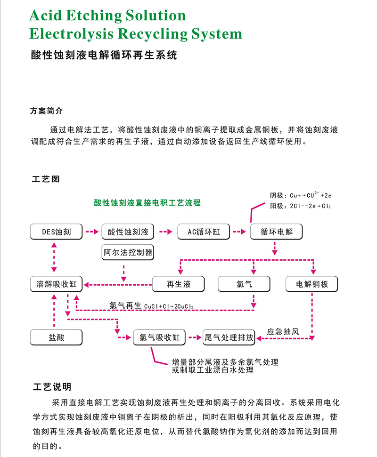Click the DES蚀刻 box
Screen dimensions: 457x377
57,232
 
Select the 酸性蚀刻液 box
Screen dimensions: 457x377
128,232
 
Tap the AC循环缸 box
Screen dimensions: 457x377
204,232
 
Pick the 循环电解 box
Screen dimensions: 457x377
276,232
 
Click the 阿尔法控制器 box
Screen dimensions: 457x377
128,253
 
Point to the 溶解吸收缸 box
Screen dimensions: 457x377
56,284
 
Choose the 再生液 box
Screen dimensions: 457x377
178,284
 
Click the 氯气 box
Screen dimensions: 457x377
244,284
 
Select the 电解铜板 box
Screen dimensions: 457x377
312,284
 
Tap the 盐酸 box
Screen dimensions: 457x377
56,337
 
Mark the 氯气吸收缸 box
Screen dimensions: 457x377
160,337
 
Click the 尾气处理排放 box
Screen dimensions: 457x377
229,337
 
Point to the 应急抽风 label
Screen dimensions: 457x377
283,331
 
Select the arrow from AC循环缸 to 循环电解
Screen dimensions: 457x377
239,232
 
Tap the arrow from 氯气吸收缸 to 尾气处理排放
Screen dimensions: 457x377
194,337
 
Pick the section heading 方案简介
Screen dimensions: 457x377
46,112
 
